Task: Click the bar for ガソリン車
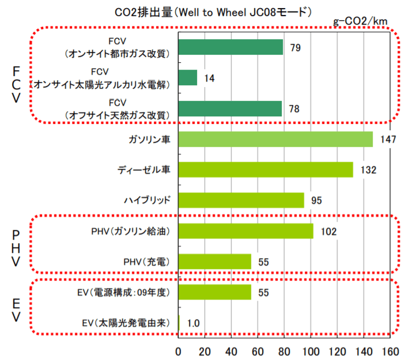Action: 275,139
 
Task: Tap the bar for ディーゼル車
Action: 266,169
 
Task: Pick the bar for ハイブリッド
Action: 241,200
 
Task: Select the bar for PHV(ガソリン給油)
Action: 245,231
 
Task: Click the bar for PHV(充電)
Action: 215,262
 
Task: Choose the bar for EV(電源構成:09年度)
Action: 215,292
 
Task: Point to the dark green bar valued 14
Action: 188,78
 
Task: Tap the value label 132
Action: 368,170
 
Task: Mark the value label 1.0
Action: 194,323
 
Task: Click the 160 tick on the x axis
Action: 390,351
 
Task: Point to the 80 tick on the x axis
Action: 285,351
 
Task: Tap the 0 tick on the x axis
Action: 179,351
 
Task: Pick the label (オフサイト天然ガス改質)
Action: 117,115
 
